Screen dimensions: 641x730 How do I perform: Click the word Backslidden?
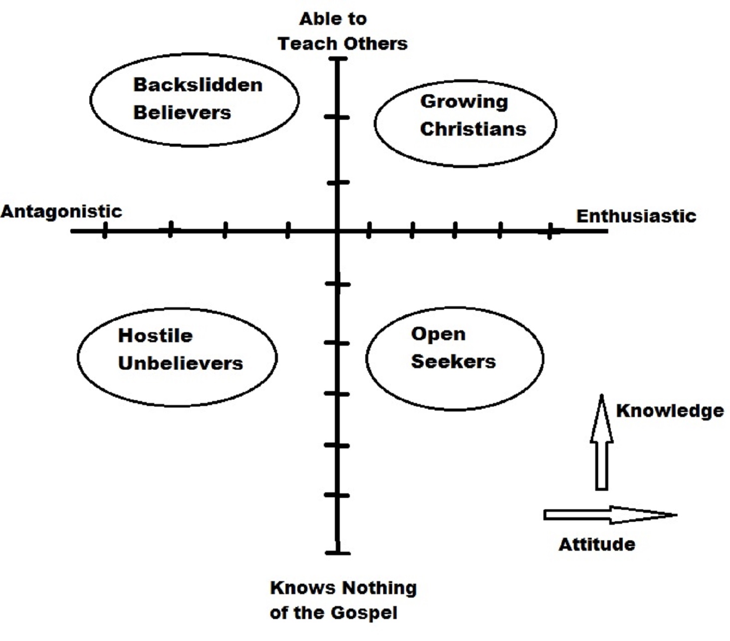tap(198, 85)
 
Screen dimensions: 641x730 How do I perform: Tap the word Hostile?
tap(155, 335)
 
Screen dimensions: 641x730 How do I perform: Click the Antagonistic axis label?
tap(61, 212)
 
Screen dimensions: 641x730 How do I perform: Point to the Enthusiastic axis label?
tap(636, 216)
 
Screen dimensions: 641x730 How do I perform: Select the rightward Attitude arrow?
tap(609, 515)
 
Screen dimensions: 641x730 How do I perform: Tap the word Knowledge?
tap(670, 411)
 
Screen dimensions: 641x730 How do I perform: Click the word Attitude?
tap(597, 544)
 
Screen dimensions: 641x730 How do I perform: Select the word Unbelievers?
tap(180, 363)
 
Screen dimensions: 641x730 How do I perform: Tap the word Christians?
tap(473, 129)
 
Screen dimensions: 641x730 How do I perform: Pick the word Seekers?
tap(453, 361)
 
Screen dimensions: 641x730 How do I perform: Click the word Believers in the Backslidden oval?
tap(182, 113)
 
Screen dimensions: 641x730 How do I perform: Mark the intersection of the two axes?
tap(338, 231)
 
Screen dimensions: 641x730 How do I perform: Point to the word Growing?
tap(464, 102)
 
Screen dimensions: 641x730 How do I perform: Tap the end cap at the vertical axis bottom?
tap(338, 553)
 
